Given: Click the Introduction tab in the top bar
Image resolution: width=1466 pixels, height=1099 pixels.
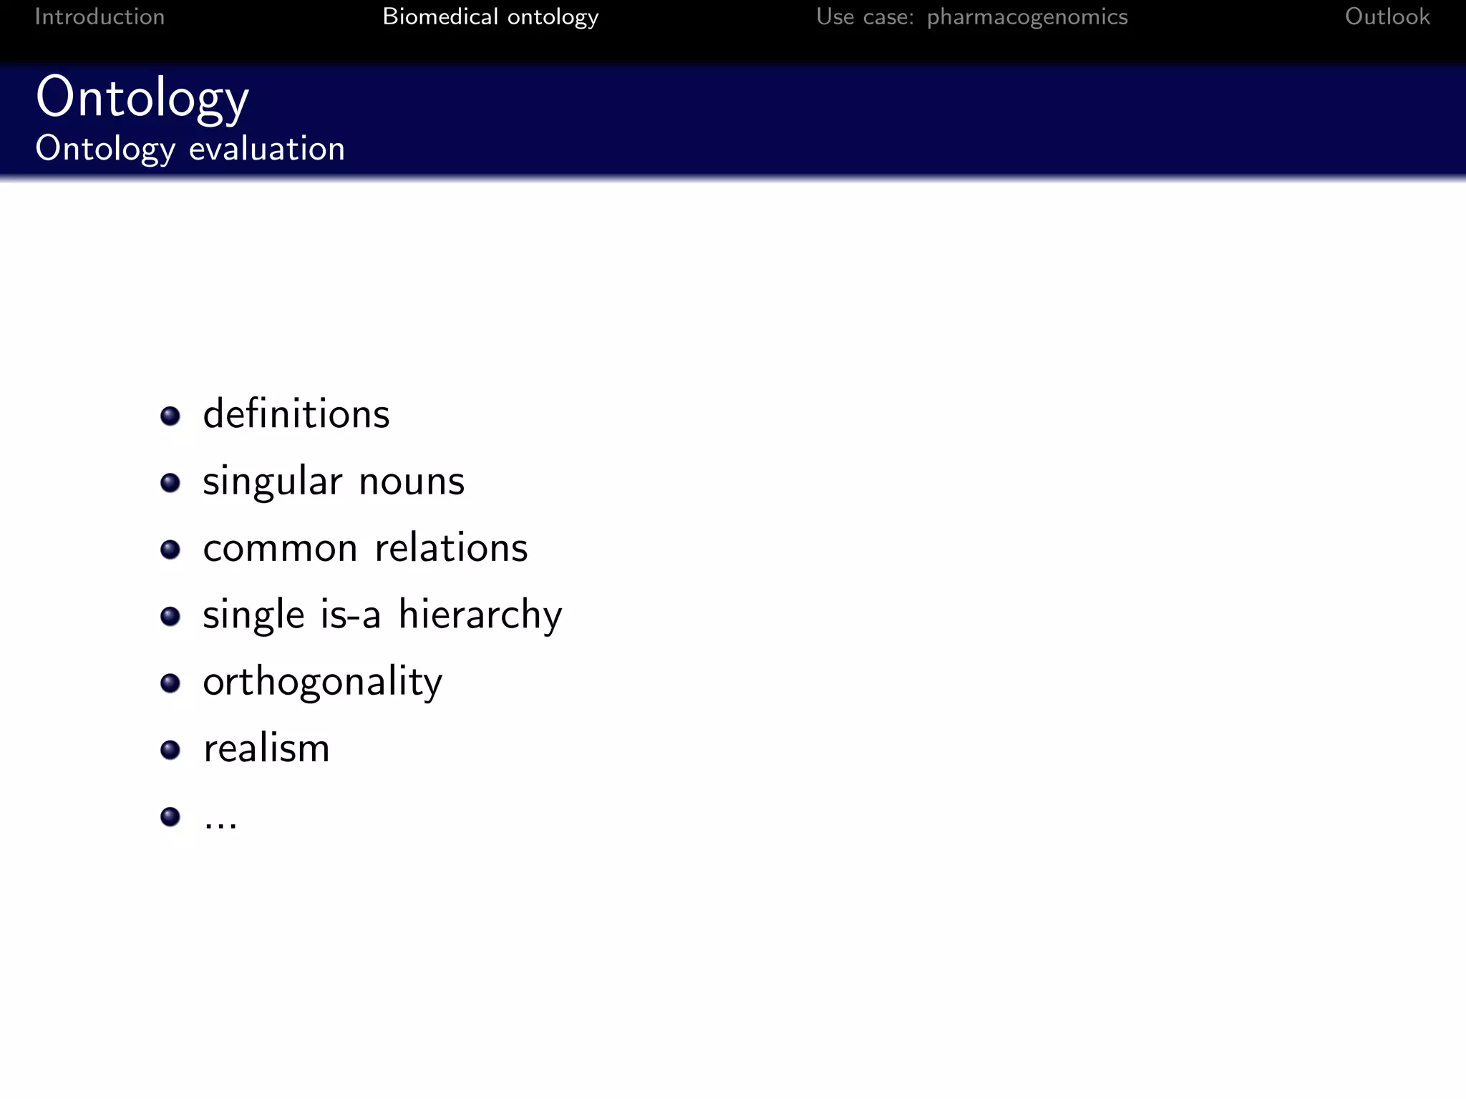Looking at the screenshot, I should click(x=99, y=16).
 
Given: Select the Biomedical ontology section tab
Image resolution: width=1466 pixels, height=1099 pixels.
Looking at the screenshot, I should click(x=490, y=16).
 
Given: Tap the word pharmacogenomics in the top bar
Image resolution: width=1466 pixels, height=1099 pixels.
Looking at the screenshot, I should click(x=1027, y=17).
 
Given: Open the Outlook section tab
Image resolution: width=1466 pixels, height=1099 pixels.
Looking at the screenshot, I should click(x=1387, y=16).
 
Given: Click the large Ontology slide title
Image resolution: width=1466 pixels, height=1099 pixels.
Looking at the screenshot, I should click(x=142, y=98).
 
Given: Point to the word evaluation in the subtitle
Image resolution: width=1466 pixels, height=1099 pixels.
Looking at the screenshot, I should click(x=267, y=149).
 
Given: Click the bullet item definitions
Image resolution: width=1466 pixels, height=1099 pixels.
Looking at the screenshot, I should click(x=296, y=414).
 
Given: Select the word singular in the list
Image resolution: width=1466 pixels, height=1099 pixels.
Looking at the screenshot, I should click(x=273, y=482).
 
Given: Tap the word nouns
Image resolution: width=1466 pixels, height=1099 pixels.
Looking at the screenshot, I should click(x=412, y=482).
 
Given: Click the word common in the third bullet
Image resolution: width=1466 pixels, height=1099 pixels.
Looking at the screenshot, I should click(x=280, y=548).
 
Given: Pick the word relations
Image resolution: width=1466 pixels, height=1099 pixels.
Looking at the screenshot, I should click(x=451, y=548).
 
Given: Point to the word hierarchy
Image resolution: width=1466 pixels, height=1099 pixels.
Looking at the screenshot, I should click(x=480, y=615).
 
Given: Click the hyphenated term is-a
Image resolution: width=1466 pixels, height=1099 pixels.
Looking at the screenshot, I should click(x=350, y=615).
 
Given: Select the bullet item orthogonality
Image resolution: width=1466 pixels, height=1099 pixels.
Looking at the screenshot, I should click(x=322, y=682).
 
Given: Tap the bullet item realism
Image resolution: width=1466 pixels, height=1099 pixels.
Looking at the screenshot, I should click(x=266, y=748).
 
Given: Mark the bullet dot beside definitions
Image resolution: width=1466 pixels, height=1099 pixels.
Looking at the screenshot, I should click(x=170, y=416).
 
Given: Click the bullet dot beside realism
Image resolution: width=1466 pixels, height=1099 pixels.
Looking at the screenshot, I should click(x=170, y=750).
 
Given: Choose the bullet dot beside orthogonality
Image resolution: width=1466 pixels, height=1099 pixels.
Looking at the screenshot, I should click(x=170, y=683).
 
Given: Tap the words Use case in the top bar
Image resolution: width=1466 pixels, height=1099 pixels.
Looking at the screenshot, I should click(x=865, y=16).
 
